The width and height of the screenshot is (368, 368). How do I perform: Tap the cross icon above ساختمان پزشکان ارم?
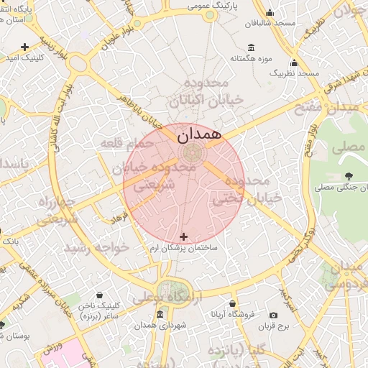pyautogui.click(x=183, y=236)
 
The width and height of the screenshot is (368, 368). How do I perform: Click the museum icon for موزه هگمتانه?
pyautogui.click(x=248, y=45)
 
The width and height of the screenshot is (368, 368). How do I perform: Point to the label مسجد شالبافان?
pyautogui.click(x=270, y=23)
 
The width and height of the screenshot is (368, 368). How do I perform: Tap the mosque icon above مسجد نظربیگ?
pyautogui.click(x=294, y=63)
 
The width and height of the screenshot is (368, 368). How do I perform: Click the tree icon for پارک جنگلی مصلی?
pyautogui.click(x=349, y=175)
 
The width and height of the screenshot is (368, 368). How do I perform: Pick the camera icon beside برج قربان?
pyautogui.click(x=273, y=315)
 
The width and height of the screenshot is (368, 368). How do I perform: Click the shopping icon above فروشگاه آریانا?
pyautogui.click(x=231, y=303)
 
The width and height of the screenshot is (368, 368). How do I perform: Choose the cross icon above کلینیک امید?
pyautogui.click(x=26, y=47)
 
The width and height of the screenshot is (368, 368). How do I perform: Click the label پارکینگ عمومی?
pyautogui.click(x=213, y=5)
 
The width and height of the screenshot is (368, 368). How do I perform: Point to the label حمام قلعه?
pyautogui.click(x=127, y=143)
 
